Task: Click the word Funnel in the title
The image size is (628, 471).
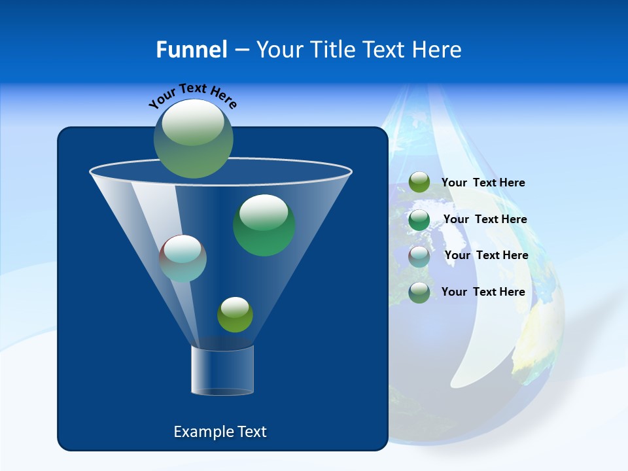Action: pos(191,49)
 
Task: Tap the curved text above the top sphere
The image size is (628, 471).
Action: pos(192,95)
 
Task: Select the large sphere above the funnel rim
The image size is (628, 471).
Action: pos(194,139)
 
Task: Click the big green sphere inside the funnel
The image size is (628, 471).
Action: pos(264,225)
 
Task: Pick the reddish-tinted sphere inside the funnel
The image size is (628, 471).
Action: pos(183,258)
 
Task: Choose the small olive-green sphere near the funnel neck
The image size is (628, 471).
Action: pos(235,315)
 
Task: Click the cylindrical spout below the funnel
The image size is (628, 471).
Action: pos(222,370)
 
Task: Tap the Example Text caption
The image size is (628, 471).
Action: pos(220,432)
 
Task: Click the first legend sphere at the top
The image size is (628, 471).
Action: pos(419,183)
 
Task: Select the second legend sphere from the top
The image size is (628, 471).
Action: pos(419,220)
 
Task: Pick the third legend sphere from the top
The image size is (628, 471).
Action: pos(419,256)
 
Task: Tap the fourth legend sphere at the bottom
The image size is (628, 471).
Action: pos(419,292)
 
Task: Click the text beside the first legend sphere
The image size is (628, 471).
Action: pos(483,183)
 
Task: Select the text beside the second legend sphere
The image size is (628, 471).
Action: pos(485,219)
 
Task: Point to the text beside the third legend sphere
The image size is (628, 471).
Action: pos(486,255)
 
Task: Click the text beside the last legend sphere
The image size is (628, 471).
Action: pos(483,292)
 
